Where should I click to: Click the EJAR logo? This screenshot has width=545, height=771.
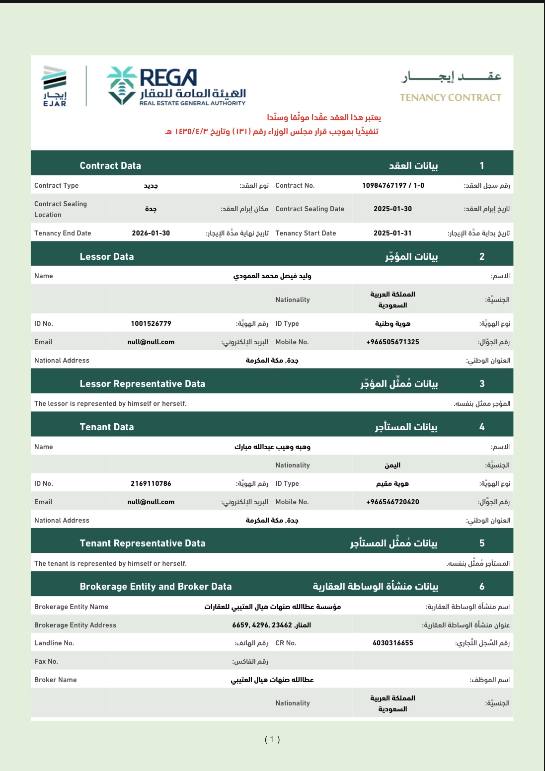(55, 86)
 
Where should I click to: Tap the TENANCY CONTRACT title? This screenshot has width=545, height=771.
(450, 97)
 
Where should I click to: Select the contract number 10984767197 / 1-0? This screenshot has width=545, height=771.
(393, 185)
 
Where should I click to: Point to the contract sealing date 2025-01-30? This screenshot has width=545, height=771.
(392, 209)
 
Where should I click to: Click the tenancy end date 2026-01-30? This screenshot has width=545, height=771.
(151, 233)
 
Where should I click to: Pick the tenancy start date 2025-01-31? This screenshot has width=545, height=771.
(392, 233)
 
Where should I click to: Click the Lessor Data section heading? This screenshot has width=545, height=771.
(107, 256)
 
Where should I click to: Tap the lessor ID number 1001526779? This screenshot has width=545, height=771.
(151, 323)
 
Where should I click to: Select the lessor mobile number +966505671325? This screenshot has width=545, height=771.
(392, 342)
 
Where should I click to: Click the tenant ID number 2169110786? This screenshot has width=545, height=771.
(151, 483)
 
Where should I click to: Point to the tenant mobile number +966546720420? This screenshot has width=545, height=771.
(392, 502)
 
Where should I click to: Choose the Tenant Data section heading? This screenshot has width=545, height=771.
(107, 427)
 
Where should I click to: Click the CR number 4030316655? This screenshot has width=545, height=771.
(392, 643)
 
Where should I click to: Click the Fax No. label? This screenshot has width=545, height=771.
(46, 661)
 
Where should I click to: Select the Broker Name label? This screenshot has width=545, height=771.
(56, 680)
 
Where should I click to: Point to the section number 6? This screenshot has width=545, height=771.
(481, 586)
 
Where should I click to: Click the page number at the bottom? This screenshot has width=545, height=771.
(272, 739)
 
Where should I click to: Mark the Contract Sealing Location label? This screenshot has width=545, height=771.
(61, 209)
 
